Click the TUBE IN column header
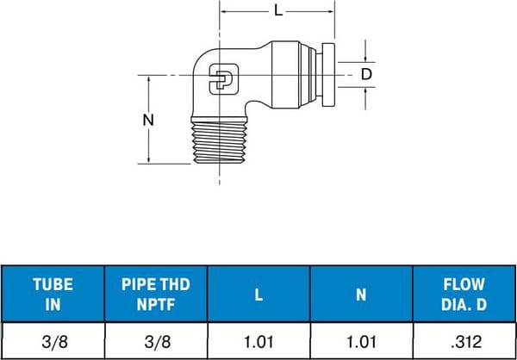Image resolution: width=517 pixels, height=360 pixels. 53,293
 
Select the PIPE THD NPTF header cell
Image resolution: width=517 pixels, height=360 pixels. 156,293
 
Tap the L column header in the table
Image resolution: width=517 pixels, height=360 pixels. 258,293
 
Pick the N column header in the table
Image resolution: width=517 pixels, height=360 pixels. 361,293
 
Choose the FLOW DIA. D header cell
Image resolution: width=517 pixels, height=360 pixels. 464,293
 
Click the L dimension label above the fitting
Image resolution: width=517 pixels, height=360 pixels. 277,11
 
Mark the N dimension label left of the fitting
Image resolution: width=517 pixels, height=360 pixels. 148,121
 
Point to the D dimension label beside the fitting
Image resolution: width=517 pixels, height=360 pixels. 366,75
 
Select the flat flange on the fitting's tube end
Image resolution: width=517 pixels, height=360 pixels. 330,76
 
